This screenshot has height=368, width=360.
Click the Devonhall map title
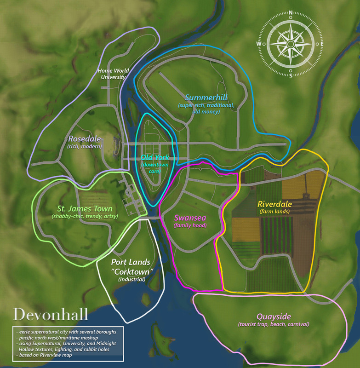point(51,314)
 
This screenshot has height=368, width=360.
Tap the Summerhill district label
point(206,98)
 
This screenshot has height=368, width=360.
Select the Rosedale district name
point(85,138)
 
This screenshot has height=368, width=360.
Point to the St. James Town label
point(85,208)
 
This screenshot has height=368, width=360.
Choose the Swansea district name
point(189,218)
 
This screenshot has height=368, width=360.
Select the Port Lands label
point(131,262)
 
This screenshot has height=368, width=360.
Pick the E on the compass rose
point(322,44)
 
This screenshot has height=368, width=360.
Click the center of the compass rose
point(291,44)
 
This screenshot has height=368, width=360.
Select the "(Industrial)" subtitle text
point(131,279)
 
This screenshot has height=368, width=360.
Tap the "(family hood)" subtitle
point(189,225)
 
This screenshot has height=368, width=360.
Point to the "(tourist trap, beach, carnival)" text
point(273,324)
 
